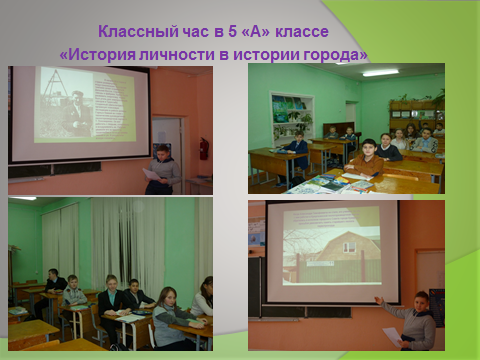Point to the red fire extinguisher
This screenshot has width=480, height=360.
coord(204,148)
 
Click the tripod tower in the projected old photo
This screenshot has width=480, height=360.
coord(53,85)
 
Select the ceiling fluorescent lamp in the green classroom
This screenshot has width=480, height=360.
coord(380,73)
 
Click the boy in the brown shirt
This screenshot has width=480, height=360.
coord(365,158)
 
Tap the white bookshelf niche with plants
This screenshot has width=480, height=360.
coord(292,115)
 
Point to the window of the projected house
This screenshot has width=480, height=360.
coord(350,248)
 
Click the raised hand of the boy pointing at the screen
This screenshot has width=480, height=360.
coord(378,300)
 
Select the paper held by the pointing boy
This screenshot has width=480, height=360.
coord(393,337)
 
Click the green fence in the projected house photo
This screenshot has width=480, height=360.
coord(340,271)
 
